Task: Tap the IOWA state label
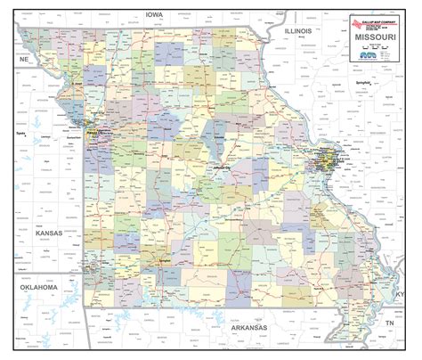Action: (157, 13)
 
